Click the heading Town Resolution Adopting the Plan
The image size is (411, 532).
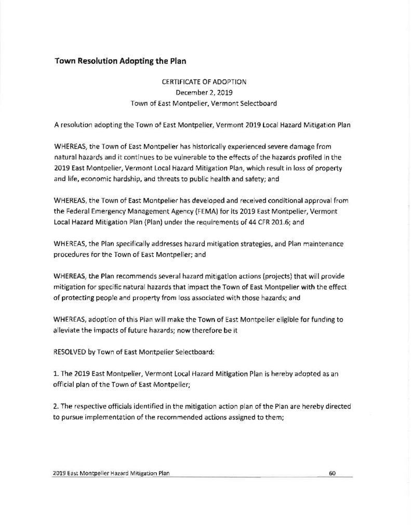pos(121,61)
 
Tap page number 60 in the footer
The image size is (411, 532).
pos(333,473)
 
